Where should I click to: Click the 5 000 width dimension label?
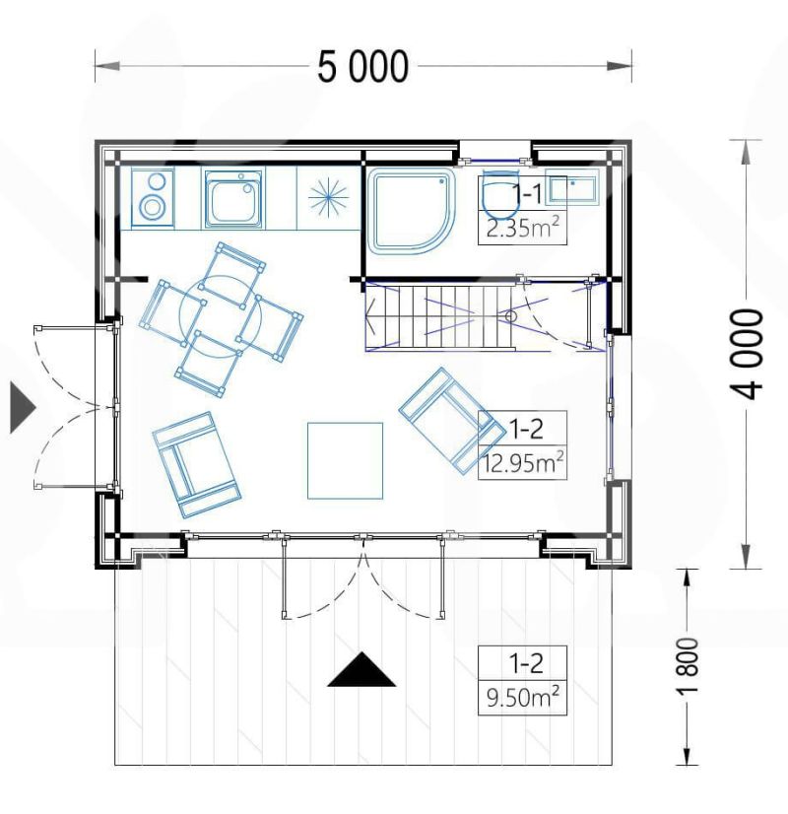362,67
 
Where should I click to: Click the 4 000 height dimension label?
747,354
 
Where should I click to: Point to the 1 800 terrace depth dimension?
688,665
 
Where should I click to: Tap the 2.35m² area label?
522,228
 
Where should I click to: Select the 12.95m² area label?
523,462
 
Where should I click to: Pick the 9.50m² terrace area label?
522,697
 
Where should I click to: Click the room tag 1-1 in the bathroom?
528,194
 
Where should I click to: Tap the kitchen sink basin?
232,199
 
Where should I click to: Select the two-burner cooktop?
152,198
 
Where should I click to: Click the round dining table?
221,316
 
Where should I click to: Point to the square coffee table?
345,460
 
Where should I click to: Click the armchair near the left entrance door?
197,465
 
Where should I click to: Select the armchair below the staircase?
452,421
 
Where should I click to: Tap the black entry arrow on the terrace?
361,670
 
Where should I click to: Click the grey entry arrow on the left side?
23,408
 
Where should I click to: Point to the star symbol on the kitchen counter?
328,197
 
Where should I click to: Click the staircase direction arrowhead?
371,315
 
